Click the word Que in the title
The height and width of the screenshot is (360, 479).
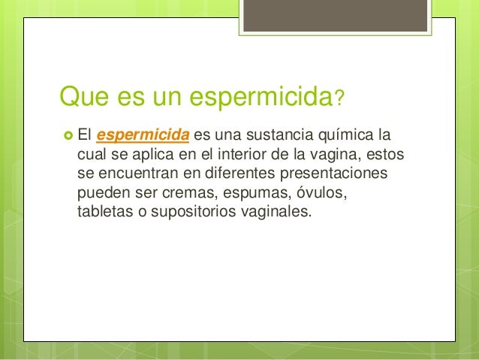point(84,97)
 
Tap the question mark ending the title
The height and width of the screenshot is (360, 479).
point(340,98)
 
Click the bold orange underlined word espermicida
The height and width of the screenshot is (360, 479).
point(143,136)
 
